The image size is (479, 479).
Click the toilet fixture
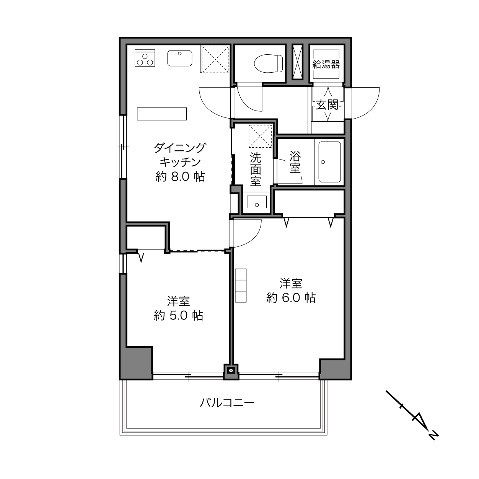coord(268,64)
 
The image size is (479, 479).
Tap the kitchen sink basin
coord(179,58)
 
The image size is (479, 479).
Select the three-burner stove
coord(145,58)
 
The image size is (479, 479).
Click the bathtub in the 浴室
coord(330,162)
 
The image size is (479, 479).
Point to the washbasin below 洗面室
coord(257,202)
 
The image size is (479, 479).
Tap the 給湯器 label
coord(326,65)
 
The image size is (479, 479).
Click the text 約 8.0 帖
coord(180,177)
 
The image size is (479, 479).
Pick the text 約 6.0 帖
coord(291,298)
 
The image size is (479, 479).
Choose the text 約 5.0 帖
coord(178,315)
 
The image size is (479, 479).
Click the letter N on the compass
coord(433,435)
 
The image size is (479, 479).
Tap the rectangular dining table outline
coord(162,114)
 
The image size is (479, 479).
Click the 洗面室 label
coord(256,169)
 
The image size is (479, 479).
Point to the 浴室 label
coord(295,162)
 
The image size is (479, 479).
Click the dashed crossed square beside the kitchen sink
coord(215,59)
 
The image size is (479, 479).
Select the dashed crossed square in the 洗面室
coord(260,136)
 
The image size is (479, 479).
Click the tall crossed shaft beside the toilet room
coord(297,62)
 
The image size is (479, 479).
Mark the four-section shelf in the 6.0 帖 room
coord(241,285)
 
